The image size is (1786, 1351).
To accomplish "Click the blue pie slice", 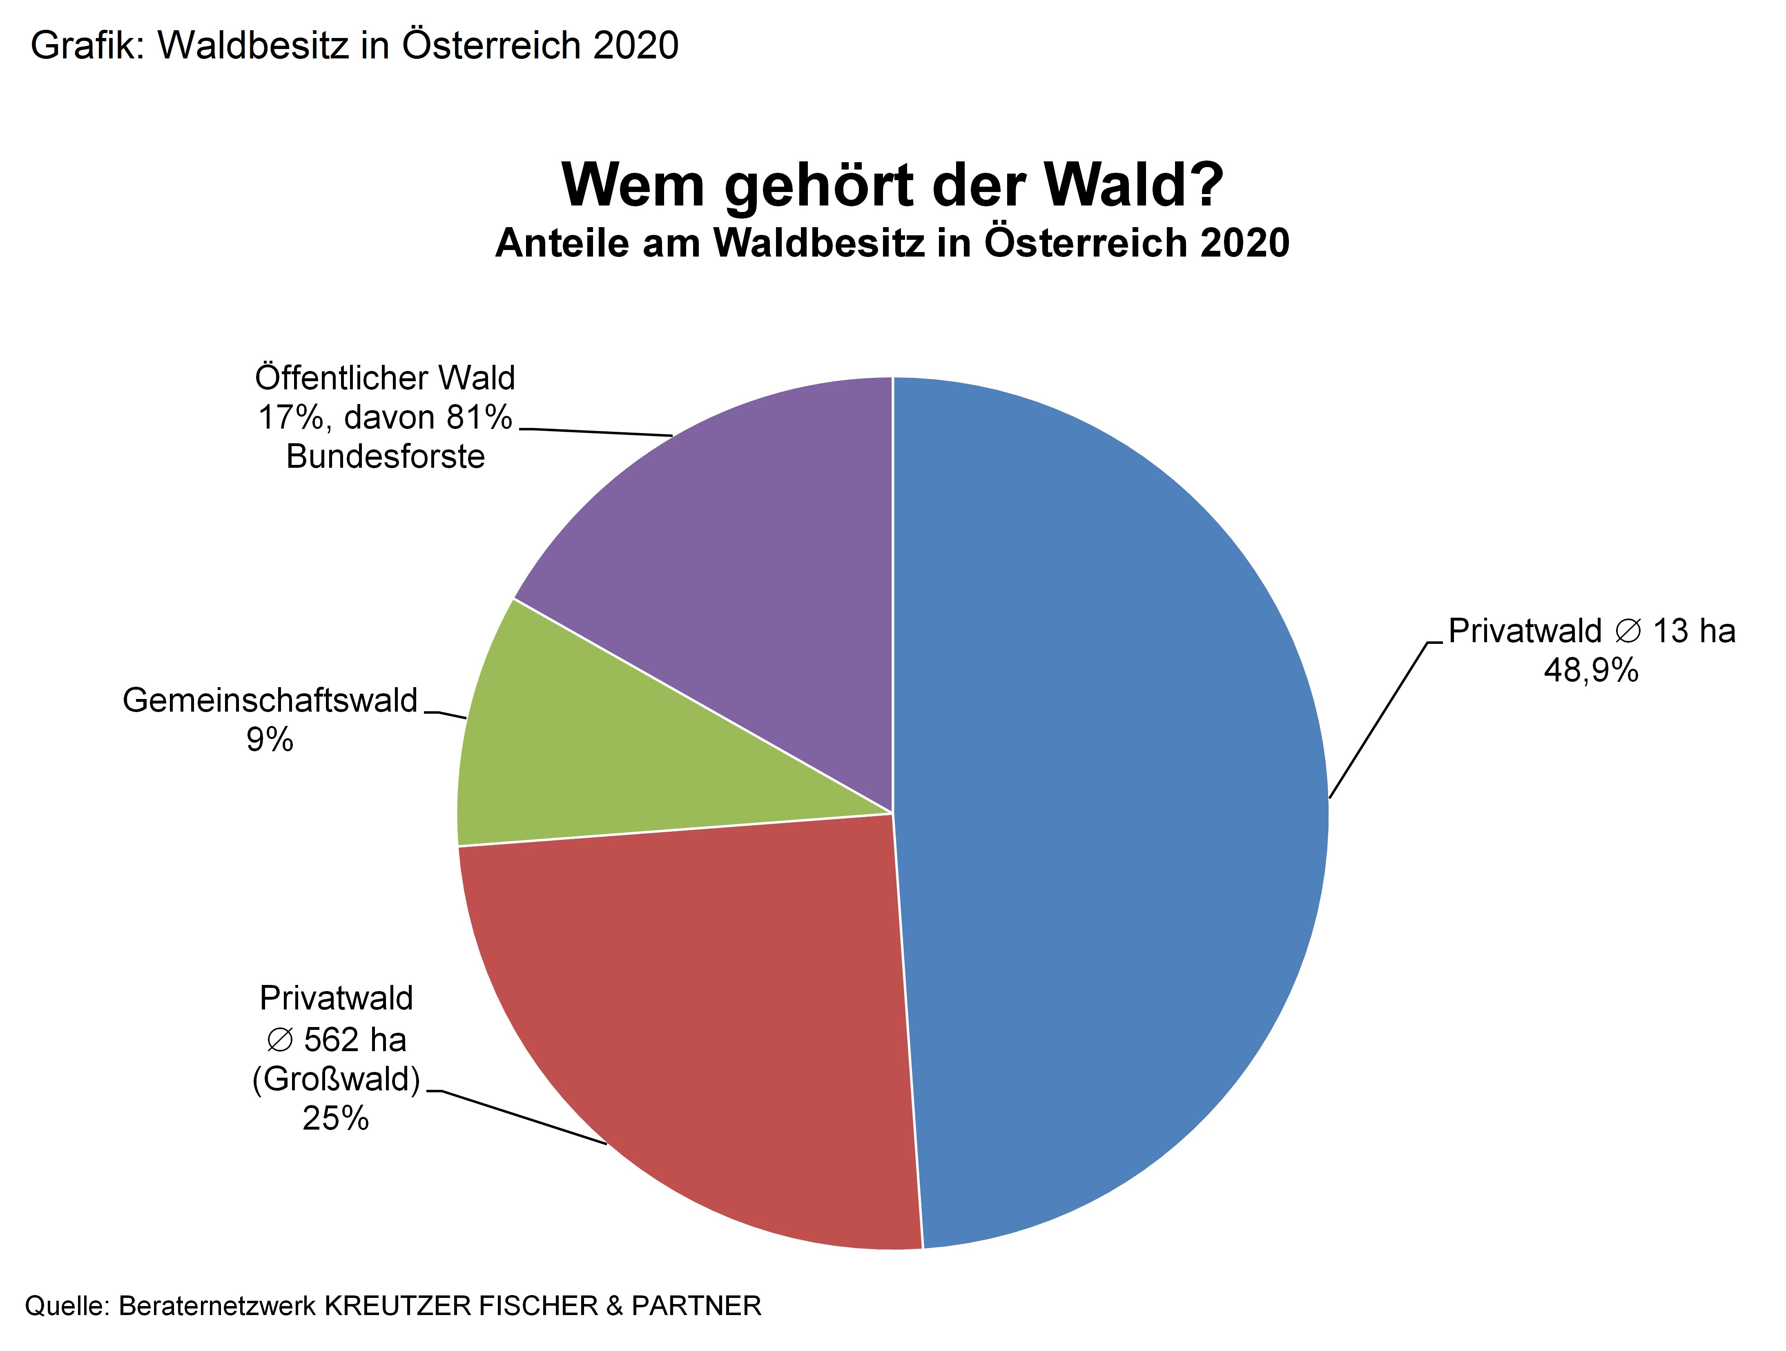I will click(1114, 808).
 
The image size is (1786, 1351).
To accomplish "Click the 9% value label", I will click(270, 740).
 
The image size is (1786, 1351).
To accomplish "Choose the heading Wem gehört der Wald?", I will click(892, 185).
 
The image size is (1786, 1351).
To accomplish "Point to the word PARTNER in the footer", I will click(696, 1306).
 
